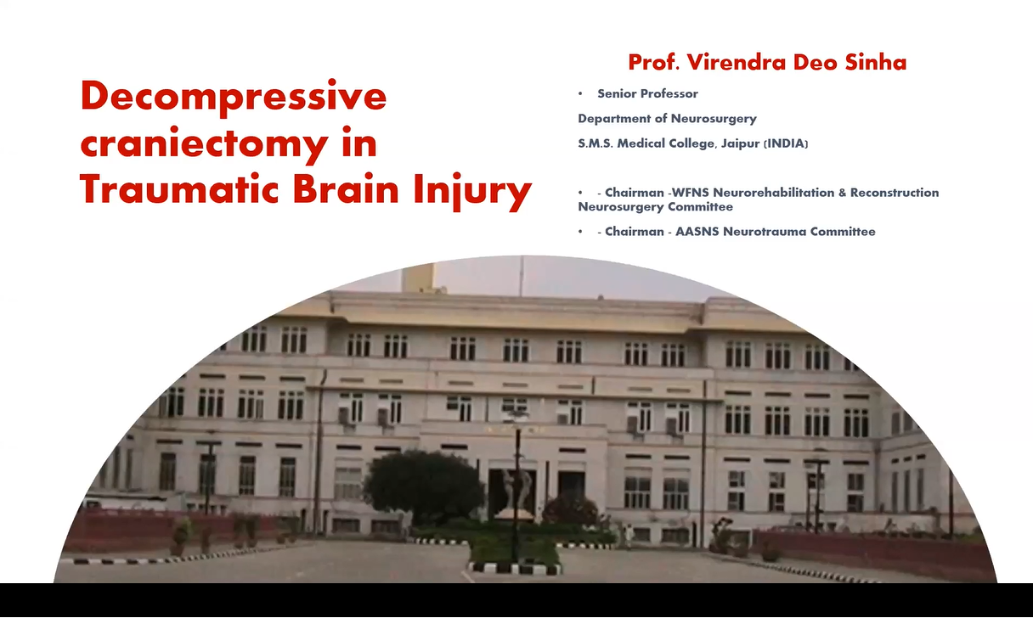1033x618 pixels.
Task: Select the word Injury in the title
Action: click(472, 191)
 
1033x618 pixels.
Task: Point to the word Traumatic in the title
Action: click(179, 189)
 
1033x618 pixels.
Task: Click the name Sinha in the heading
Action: click(875, 63)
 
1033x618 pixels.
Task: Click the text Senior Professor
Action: click(647, 93)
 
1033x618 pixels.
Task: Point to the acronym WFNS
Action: click(687, 193)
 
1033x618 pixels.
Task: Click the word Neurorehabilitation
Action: click(773, 193)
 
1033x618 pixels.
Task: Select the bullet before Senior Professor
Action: click(580, 94)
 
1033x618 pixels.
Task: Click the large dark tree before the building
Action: click(423, 486)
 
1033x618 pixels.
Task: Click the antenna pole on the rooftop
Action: click(522, 276)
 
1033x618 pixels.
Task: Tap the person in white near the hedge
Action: click(628, 537)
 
